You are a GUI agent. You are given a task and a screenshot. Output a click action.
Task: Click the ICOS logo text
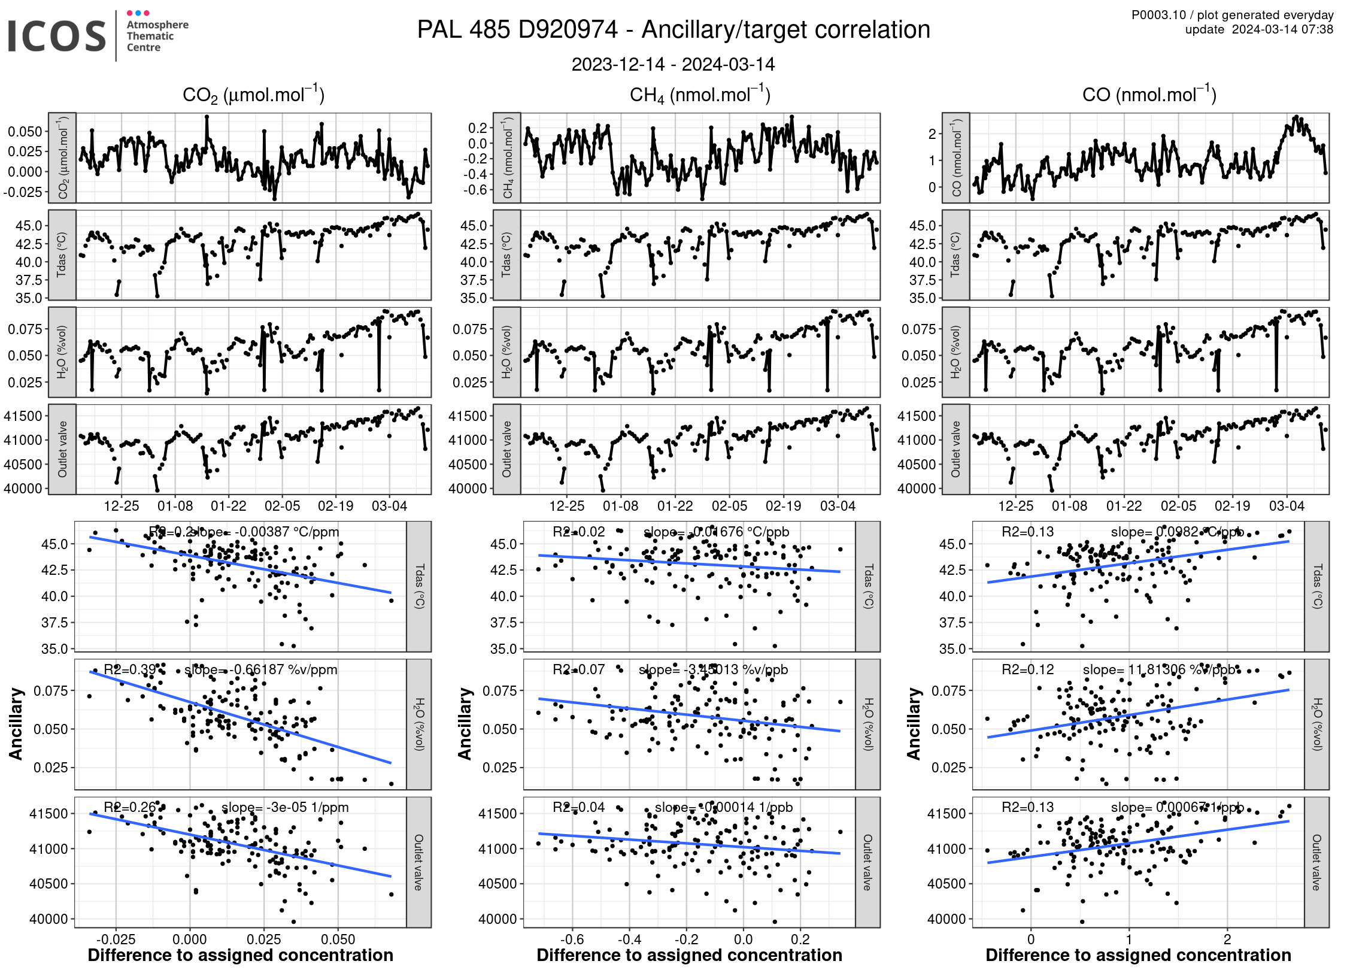coord(57,36)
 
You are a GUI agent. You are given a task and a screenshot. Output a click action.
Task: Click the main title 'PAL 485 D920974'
coord(517,30)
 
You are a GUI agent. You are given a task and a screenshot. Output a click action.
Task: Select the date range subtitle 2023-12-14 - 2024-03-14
coord(673,65)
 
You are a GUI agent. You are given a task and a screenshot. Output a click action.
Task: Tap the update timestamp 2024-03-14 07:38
coord(1282,29)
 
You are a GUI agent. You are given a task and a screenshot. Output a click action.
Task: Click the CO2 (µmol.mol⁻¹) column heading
coord(253,95)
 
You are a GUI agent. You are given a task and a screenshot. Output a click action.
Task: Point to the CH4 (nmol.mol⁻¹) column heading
coord(700,95)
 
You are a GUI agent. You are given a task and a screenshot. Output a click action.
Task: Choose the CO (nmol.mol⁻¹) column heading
coord(1149,95)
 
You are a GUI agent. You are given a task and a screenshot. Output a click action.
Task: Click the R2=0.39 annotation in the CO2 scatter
coord(130,669)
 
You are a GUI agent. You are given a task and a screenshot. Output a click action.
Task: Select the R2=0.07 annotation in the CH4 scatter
coord(578,669)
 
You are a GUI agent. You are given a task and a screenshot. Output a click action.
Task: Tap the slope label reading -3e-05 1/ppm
coord(285,807)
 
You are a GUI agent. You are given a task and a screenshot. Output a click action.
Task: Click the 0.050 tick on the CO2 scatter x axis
coord(338,939)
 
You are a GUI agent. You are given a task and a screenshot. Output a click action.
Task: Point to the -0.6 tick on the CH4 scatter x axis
coord(572,939)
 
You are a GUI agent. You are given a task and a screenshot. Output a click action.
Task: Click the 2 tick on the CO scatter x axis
coord(1227,939)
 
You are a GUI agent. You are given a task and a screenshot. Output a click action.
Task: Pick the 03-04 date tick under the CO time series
coord(1287,506)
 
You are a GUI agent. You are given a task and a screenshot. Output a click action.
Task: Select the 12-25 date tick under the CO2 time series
coord(122,506)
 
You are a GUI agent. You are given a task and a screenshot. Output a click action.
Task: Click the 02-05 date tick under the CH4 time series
coord(729,506)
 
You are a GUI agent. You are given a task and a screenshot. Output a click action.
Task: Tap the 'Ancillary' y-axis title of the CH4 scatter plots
coord(465,724)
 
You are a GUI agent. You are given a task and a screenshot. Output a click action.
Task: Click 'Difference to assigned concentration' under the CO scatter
coord(1138,955)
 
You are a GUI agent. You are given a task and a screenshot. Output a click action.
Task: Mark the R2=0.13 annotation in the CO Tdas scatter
coord(1027,532)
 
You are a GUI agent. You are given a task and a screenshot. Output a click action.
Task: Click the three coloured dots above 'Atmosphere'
coord(138,13)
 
